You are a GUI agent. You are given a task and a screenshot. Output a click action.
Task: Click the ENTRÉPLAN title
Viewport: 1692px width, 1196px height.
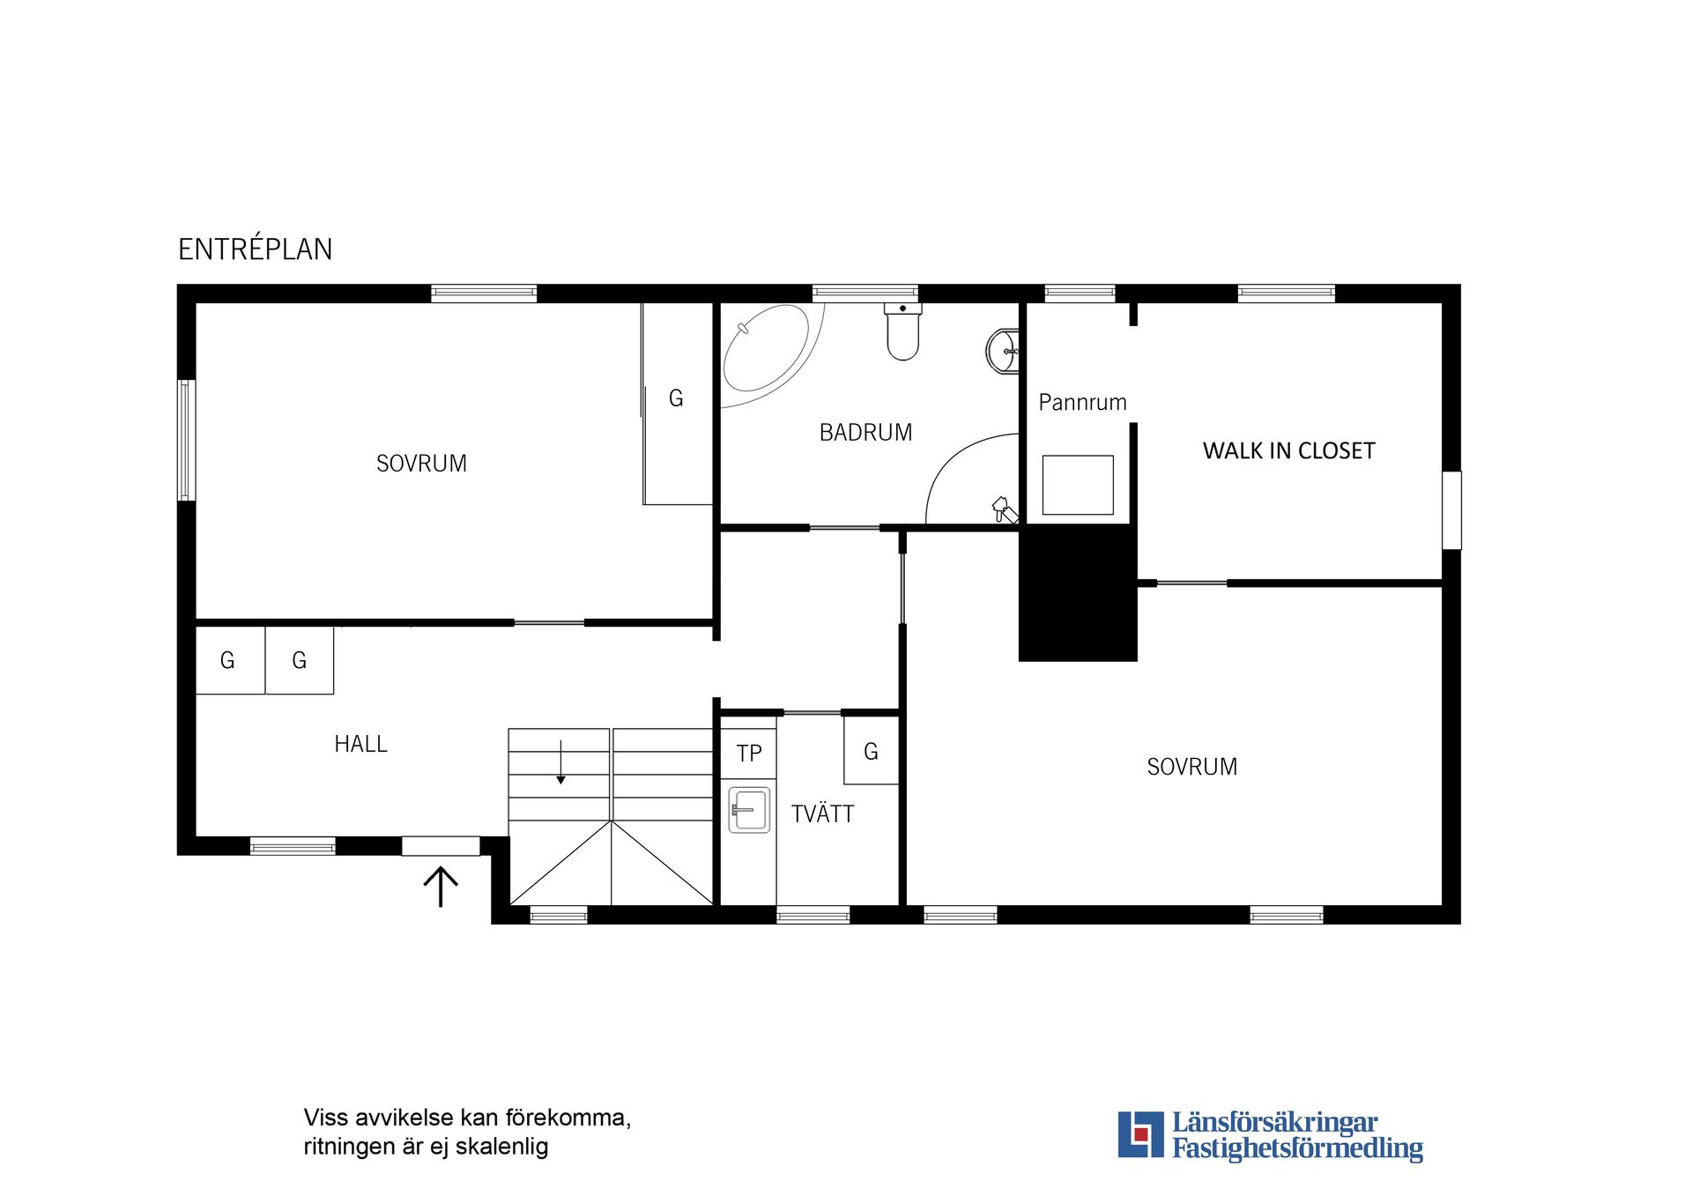[x=256, y=249]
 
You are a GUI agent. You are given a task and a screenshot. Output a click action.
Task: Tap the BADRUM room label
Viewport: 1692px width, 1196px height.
[x=865, y=433]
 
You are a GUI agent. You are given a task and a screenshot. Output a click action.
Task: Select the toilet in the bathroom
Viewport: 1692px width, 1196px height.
[x=903, y=331]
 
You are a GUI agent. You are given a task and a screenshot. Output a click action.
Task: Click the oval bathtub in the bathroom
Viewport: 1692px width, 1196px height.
[x=766, y=348]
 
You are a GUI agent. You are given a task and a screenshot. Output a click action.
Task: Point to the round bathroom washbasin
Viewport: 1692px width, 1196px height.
[x=1002, y=351]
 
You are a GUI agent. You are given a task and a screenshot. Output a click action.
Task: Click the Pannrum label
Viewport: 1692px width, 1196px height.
[x=1082, y=403]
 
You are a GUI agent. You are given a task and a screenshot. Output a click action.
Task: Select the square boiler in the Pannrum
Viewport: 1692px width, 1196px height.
[x=1078, y=485]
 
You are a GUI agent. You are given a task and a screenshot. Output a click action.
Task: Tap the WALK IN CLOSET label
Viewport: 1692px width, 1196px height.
[x=1288, y=451]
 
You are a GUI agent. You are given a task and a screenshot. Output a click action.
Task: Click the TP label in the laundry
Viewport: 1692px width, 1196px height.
[x=749, y=754]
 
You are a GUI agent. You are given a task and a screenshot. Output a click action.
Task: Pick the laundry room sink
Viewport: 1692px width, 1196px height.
[x=749, y=810]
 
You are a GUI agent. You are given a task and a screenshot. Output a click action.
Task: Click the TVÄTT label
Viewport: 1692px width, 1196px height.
[x=822, y=814]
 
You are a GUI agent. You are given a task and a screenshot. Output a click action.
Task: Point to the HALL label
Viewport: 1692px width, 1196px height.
[x=360, y=745]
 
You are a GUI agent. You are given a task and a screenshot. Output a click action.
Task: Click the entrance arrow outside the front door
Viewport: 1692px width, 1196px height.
[x=441, y=887]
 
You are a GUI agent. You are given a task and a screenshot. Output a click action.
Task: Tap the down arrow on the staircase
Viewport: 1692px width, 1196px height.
[x=560, y=762]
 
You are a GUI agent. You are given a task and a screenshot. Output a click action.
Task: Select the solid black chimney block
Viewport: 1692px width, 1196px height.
[x=1078, y=593]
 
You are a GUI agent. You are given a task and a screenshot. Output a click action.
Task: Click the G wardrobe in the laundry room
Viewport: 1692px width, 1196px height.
[x=871, y=750]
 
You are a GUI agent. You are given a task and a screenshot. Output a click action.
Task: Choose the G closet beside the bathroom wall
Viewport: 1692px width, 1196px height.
[x=677, y=404]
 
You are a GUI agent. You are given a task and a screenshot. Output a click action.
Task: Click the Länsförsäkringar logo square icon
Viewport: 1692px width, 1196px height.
[x=1140, y=1134]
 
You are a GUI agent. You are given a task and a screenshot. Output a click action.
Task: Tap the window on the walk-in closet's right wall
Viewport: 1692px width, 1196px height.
[x=1451, y=510]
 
